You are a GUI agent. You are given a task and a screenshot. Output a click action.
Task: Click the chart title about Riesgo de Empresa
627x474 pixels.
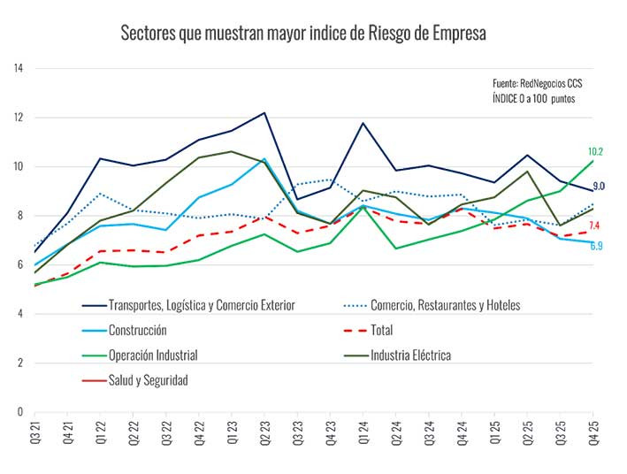pos(303,34)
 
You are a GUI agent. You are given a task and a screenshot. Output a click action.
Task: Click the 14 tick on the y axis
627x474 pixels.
pos(18,68)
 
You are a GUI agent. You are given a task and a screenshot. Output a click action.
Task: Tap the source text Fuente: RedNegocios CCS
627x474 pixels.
pos(538,83)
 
